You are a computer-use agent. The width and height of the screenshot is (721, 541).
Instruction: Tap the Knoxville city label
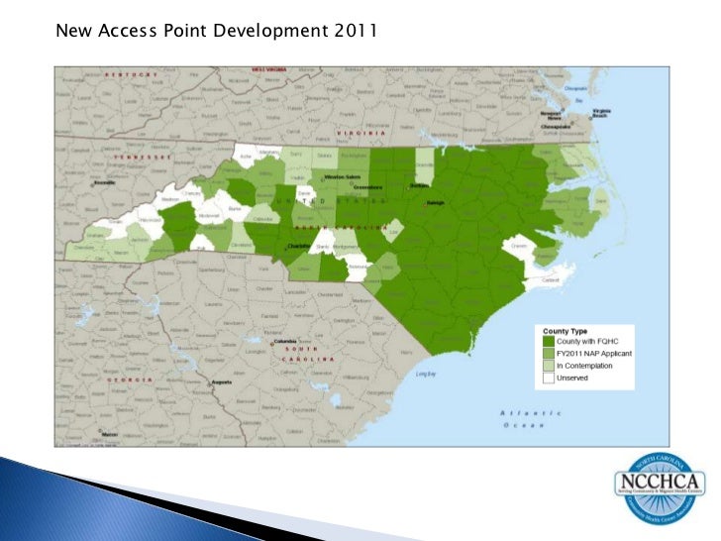[103, 183]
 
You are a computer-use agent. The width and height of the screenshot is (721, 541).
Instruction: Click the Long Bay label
[426, 374]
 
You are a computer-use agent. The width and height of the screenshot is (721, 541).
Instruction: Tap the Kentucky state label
[134, 75]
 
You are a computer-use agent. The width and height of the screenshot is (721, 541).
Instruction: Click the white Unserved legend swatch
[550, 378]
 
